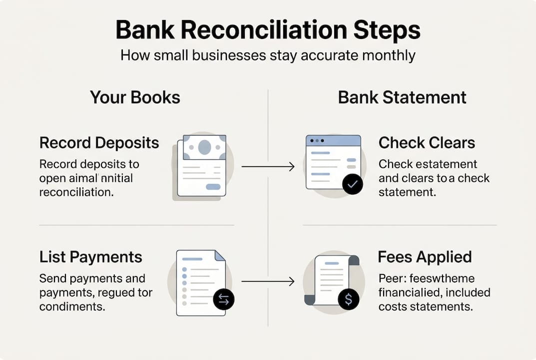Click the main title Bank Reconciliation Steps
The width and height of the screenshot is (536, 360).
coord(268,30)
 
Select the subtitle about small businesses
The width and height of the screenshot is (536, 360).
coord(268,54)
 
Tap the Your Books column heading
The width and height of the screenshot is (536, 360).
coord(135,97)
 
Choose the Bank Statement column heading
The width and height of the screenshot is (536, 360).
coord(402,97)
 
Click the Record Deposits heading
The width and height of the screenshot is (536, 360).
coord(99,143)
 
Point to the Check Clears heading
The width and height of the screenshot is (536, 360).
coord(427,143)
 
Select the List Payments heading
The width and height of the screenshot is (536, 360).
coord(90,257)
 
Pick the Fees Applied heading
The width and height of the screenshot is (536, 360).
coord(425,257)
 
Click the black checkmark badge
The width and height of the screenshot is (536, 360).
coord(353,184)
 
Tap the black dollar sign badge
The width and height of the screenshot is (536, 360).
coord(348,299)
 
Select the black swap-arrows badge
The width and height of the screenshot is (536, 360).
coord(223,299)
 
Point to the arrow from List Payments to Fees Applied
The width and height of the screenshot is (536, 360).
coord(268,282)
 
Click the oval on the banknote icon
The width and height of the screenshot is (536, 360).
coord(204,147)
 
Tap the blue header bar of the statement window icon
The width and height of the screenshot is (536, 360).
coord(333,140)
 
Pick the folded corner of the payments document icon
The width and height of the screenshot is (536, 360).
coord(219,255)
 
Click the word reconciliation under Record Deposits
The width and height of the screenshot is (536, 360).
coord(76,191)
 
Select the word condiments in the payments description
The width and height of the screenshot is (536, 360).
coord(72,306)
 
